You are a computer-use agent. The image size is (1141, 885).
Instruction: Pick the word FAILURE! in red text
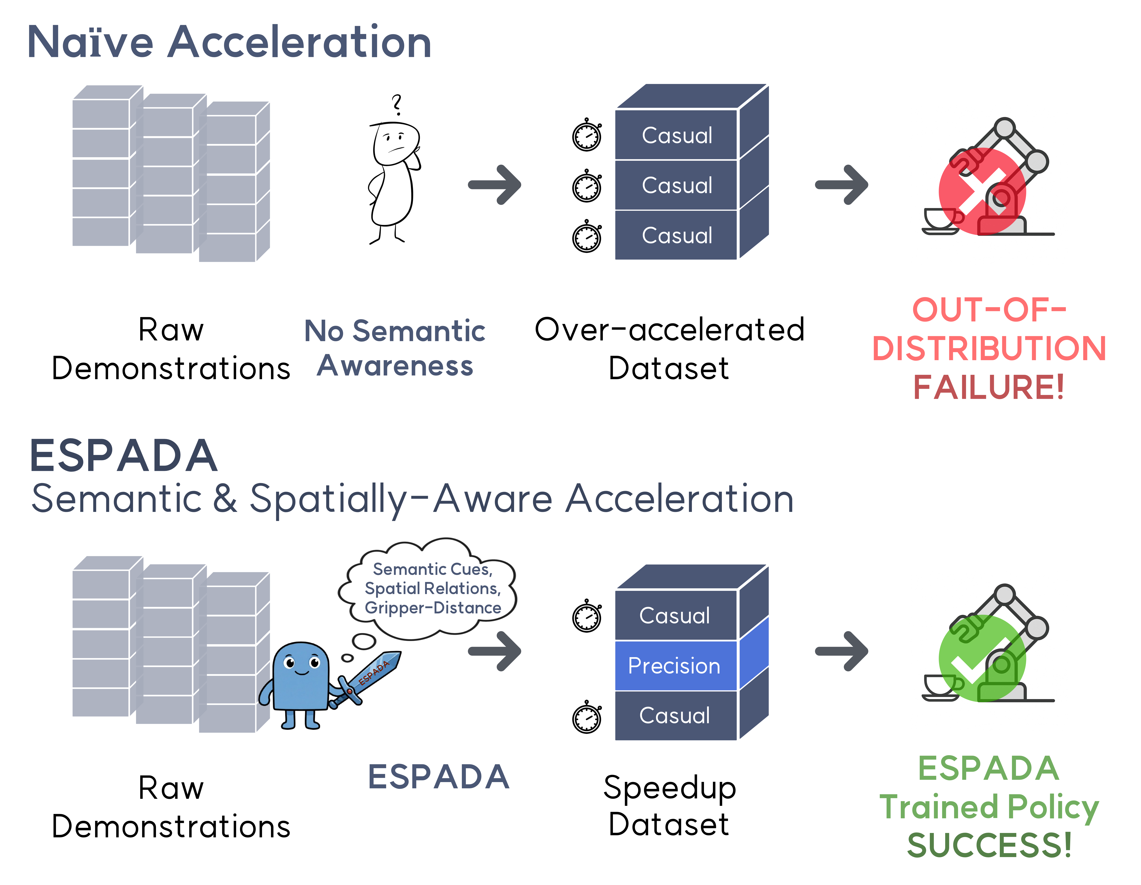click(988, 387)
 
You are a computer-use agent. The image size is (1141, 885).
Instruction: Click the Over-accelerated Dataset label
click(669, 349)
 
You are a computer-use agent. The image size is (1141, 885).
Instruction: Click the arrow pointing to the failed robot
click(841, 185)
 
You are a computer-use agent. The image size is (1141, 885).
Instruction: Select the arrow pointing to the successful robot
click(841, 651)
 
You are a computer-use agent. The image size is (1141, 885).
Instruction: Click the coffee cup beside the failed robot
click(940, 219)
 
